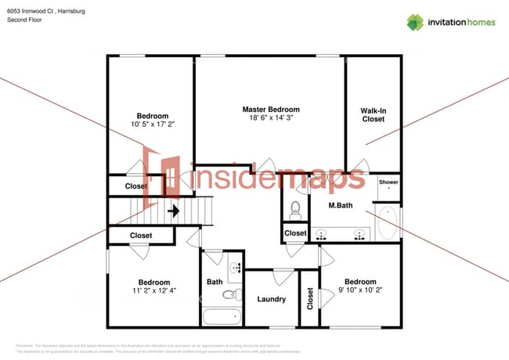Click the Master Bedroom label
coord(270,110)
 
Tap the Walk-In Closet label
coord(373,115)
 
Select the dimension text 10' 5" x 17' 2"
coord(153,124)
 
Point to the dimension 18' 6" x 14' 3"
coord(270,119)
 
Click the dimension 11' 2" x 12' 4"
coord(153,291)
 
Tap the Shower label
coord(388,182)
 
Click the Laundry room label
coord(271,299)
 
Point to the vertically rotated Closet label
coord(310,298)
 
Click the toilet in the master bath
coord(296,208)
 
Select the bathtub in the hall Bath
coord(222,318)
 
